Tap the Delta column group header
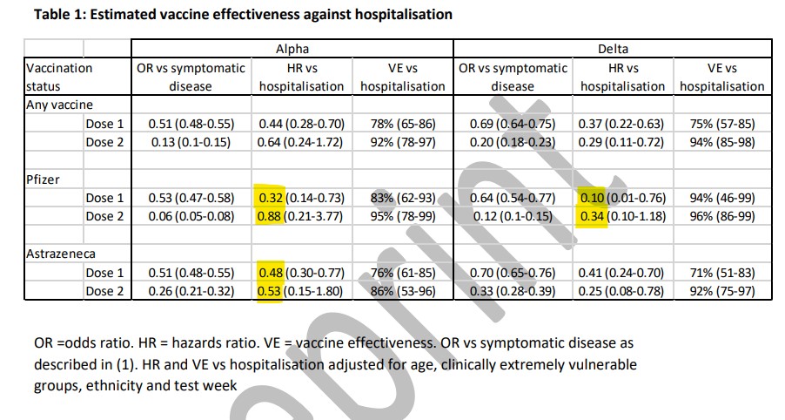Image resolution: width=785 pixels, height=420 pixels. point(612,50)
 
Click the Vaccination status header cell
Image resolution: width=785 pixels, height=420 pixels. point(59,77)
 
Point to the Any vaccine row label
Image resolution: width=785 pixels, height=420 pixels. point(59,105)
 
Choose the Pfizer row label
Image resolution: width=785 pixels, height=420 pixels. point(44,179)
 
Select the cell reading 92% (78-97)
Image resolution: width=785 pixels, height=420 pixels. point(402,142)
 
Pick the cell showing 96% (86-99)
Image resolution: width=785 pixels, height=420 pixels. point(722,216)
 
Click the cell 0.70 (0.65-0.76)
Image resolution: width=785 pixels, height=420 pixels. point(513,273)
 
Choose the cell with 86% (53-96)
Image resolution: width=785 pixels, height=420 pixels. point(402,291)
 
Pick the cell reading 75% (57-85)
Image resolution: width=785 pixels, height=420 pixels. point(722,124)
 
